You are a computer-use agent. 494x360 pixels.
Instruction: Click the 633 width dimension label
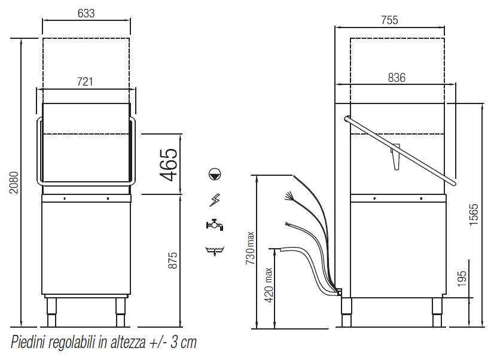click(x=86, y=14)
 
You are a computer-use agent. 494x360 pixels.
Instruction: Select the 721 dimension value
click(x=85, y=82)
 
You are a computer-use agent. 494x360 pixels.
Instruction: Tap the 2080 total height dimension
click(x=14, y=182)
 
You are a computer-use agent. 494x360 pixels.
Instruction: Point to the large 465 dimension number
click(x=169, y=164)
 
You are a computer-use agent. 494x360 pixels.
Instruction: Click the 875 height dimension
click(x=173, y=260)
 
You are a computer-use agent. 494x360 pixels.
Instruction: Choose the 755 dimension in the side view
click(x=389, y=20)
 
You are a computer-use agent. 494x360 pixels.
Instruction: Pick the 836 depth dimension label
click(x=397, y=78)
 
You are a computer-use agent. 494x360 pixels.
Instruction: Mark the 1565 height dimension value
click(x=474, y=215)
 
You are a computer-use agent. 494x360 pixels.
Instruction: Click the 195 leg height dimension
click(x=462, y=279)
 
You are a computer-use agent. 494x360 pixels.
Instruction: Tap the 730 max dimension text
click(x=250, y=248)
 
